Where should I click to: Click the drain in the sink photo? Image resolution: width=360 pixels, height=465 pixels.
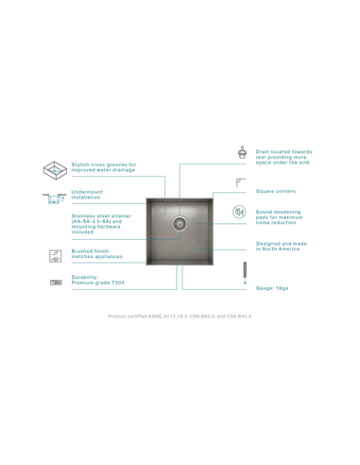(x=180, y=223)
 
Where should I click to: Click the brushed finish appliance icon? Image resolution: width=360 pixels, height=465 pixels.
(x=55, y=255)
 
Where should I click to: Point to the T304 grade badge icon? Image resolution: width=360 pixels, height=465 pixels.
(x=55, y=281)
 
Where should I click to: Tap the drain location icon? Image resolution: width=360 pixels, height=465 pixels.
(x=243, y=152)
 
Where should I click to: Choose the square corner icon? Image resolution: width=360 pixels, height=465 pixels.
(x=241, y=181)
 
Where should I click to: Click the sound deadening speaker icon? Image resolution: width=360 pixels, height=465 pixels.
(x=240, y=212)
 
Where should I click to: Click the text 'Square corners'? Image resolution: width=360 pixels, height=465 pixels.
(x=275, y=191)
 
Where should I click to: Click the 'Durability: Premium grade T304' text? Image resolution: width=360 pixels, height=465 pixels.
(x=97, y=280)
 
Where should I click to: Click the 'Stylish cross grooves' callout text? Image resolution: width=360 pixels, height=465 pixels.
(x=104, y=167)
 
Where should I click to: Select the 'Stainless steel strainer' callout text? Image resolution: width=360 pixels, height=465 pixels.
(x=100, y=223)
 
